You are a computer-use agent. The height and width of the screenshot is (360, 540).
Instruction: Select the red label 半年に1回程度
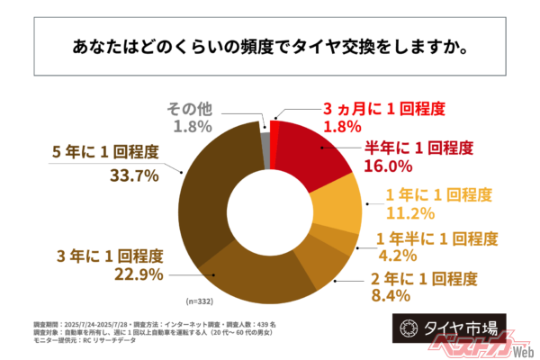pyautogui.click(x=418, y=147)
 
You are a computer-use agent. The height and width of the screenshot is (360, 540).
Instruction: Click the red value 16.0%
pyautogui.click(x=388, y=166)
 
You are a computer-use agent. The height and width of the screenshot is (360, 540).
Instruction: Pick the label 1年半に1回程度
pyautogui.click(x=437, y=238)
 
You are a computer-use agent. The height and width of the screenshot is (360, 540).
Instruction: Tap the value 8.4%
pyautogui.click(x=391, y=294)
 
